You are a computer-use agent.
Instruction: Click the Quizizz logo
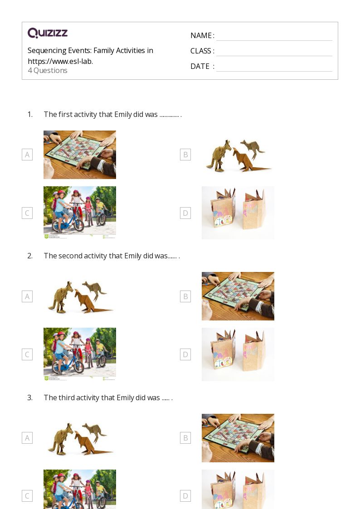[x=48, y=33]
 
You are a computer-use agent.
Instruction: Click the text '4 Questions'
[x=48, y=71]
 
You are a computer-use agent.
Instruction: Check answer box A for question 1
[x=27, y=155]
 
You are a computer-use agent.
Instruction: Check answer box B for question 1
[x=185, y=155]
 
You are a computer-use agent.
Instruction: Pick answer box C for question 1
[x=27, y=213]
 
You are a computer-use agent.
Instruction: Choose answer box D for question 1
[x=185, y=213]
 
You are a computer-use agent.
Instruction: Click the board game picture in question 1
[x=80, y=155]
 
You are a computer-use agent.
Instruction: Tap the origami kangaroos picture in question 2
[x=80, y=296]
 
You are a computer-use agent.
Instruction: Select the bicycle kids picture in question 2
[x=80, y=354]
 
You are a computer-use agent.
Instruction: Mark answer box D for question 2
[x=185, y=354]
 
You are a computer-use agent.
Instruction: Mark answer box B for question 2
[x=185, y=296]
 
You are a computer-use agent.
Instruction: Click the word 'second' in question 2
[x=71, y=256]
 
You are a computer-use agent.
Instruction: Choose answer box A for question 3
[x=27, y=438]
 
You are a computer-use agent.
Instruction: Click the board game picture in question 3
[x=238, y=438]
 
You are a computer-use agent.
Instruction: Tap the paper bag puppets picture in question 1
[x=238, y=213]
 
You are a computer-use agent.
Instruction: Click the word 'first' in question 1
[x=66, y=115]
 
